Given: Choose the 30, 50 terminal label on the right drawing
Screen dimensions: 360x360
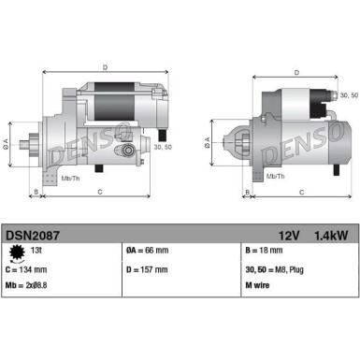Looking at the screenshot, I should tap(348, 95).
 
